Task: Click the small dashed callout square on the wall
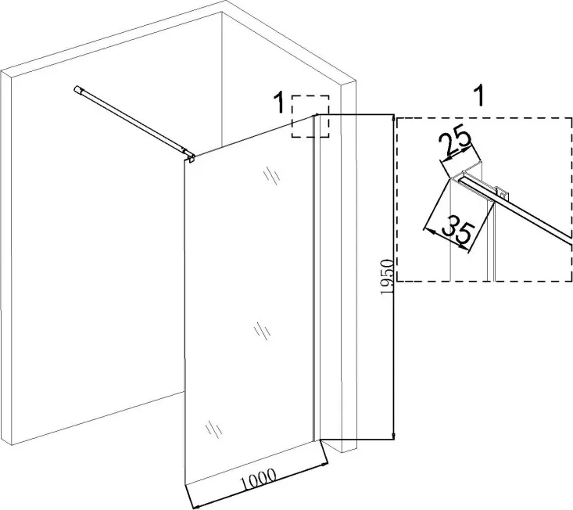pos(310,117)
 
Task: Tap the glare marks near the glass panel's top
pos(271,175)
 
